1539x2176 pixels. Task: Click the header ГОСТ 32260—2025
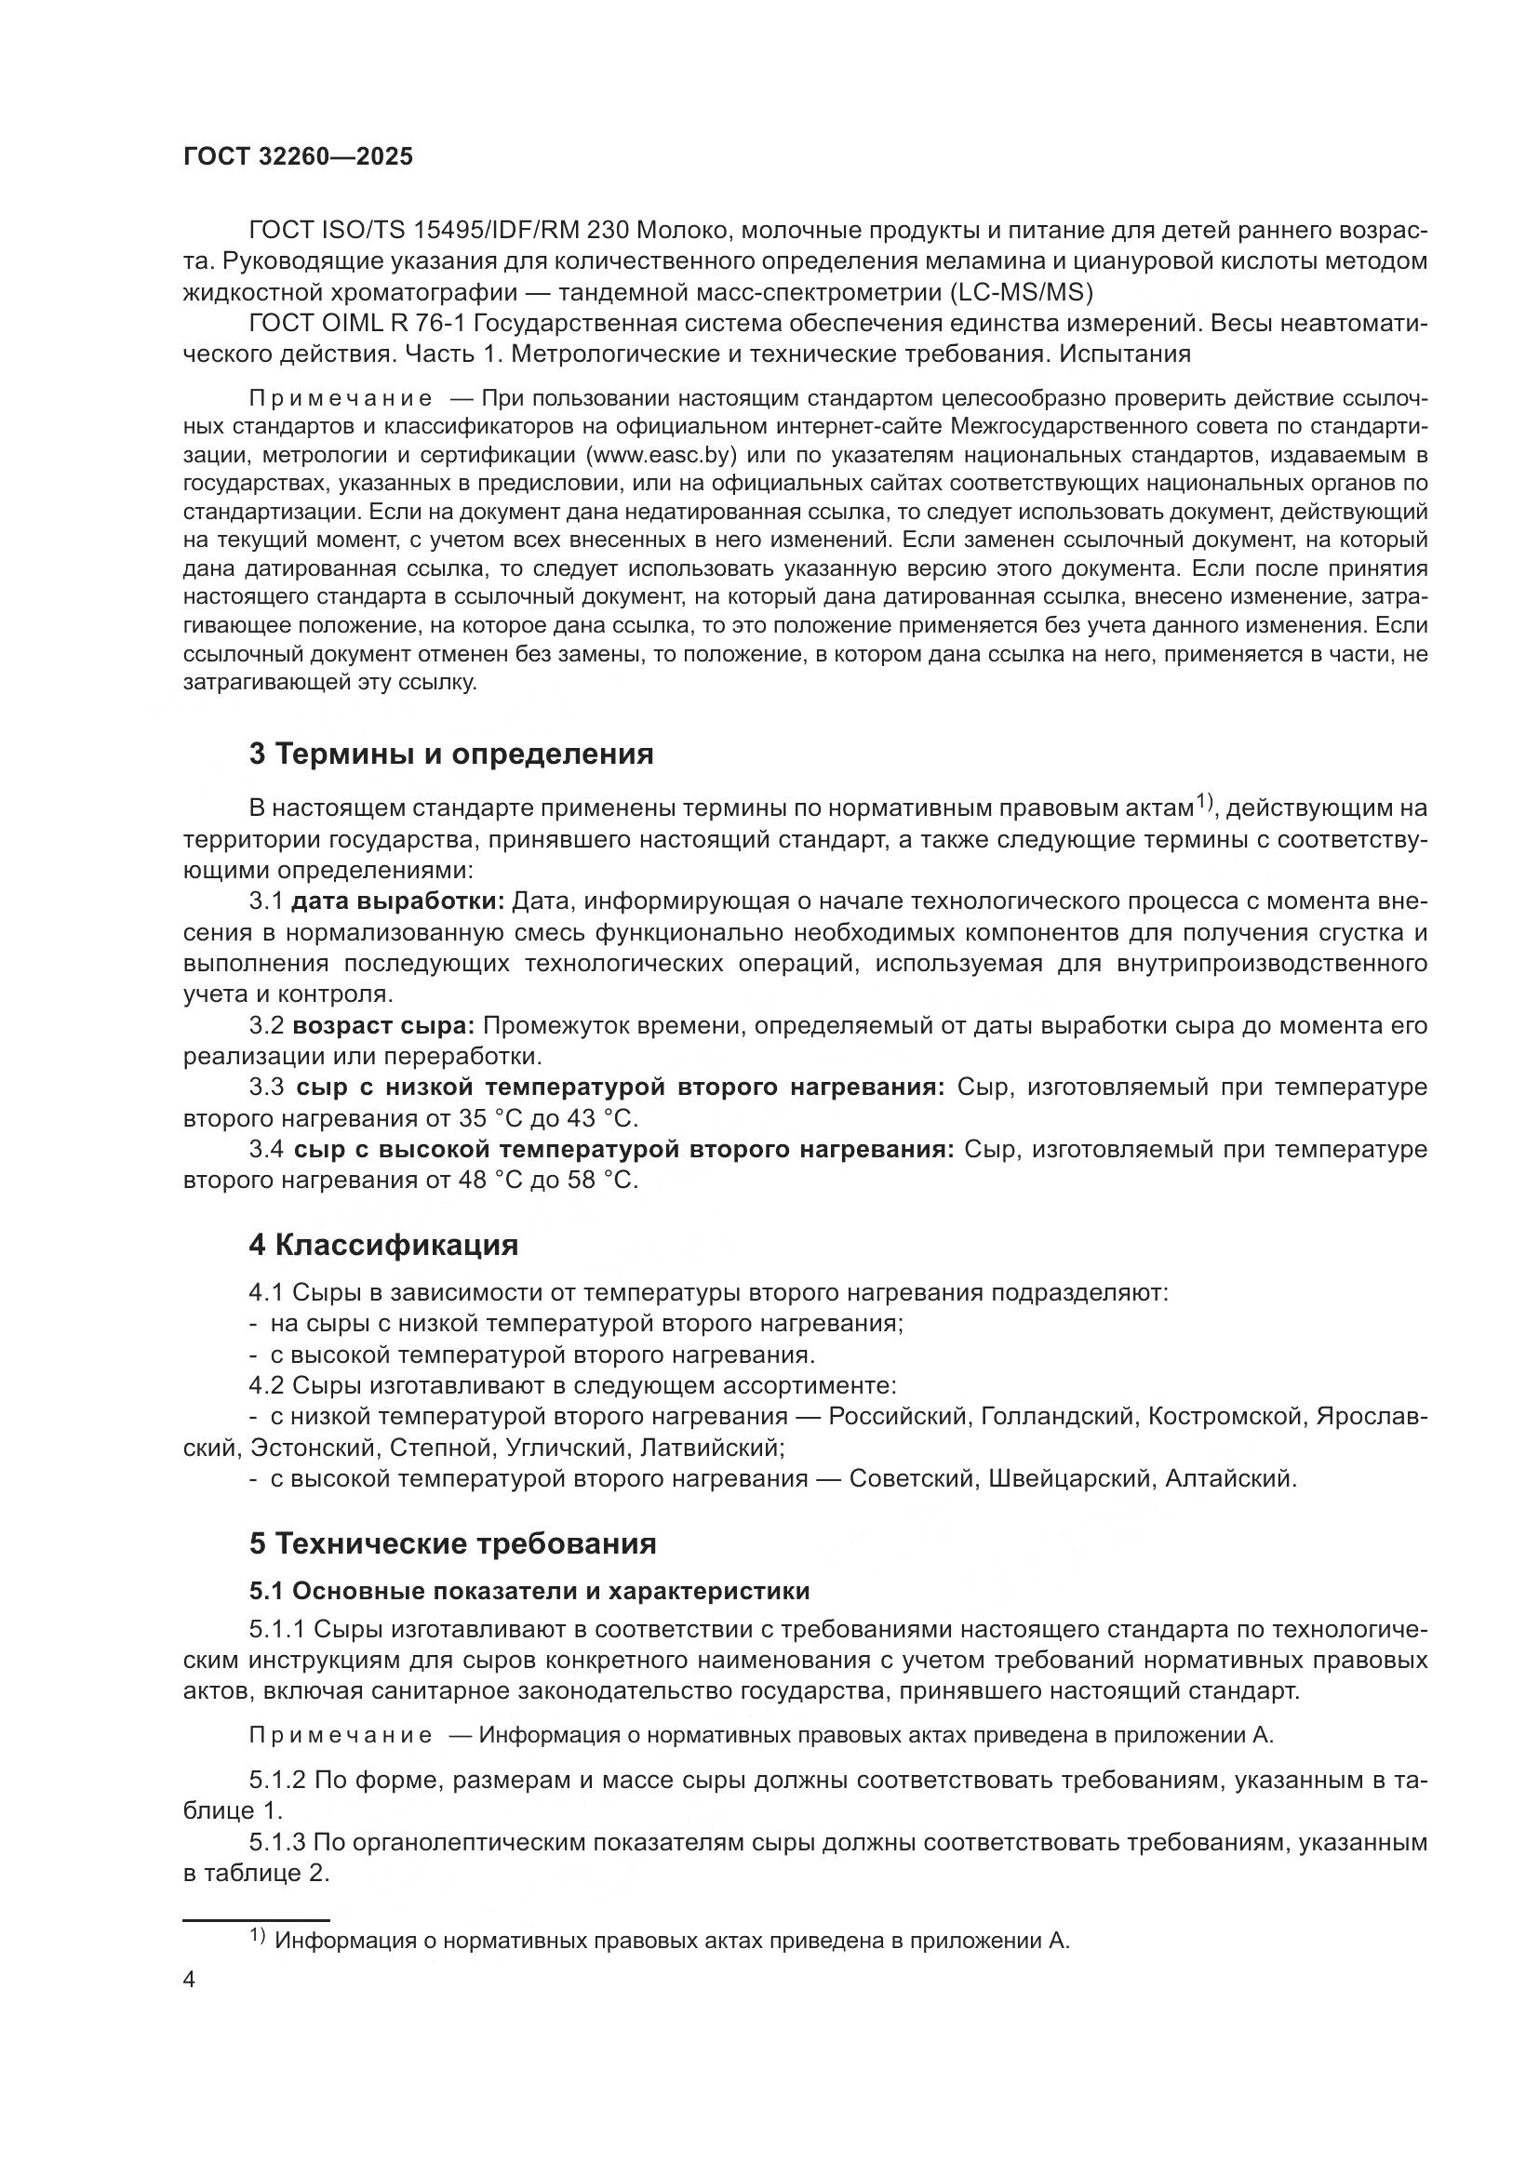[298, 157]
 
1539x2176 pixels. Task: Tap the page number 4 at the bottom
[190, 1981]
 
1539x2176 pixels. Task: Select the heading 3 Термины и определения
[451, 754]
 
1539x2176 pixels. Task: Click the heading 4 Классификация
[383, 1246]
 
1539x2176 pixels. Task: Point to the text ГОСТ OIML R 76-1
[356, 324]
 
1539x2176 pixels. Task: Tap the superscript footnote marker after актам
[1203, 802]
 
